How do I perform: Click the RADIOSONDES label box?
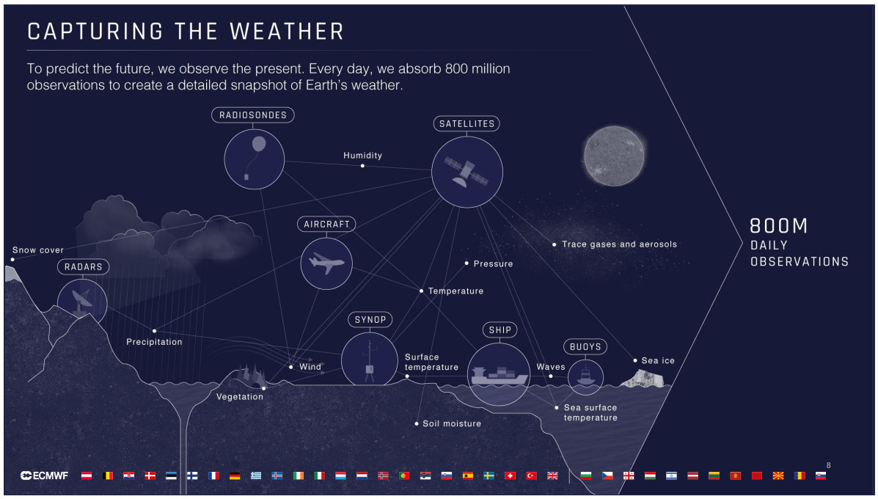pyautogui.click(x=252, y=114)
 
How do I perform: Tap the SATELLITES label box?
pyautogui.click(x=467, y=124)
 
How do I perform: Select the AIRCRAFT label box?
pyautogui.click(x=326, y=224)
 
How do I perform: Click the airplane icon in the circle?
pyautogui.click(x=326, y=263)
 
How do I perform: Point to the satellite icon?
pyautogui.click(x=466, y=171)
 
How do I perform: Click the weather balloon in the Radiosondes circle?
pyautogui.click(x=259, y=145)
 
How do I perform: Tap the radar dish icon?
pyautogui.click(x=81, y=302)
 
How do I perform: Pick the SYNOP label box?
pyautogui.click(x=370, y=320)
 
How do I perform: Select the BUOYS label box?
pyautogui.click(x=585, y=346)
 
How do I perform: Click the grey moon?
pyautogui.click(x=614, y=156)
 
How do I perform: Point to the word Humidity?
pyautogui.click(x=363, y=155)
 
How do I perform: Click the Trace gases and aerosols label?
pyautogui.click(x=619, y=244)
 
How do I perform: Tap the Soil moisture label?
pyautogui.click(x=452, y=423)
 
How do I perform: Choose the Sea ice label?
pyautogui.click(x=658, y=360)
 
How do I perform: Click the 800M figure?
pyautogui.click(x=779, y=226)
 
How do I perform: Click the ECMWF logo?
pyautogui.click(x=44, y=476)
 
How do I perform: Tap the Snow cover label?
pyautogui.click(x=38, y=249)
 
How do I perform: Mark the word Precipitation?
pyautogui.click(x=154, y=342)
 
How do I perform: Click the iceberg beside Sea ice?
pyautogui.click(x=643, y=379)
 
